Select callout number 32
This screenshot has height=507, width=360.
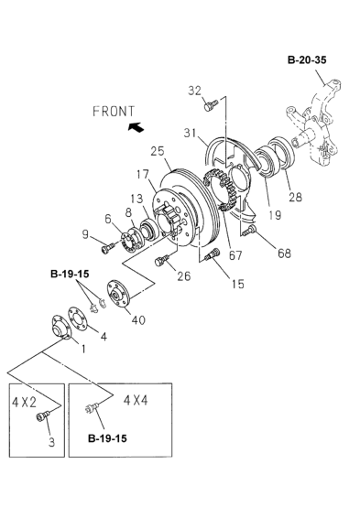[194, 90]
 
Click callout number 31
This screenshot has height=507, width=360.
[190, 132]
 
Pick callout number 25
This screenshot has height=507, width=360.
[157, 151]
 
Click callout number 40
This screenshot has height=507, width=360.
[138, 319]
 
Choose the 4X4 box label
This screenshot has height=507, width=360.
[130, 398]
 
